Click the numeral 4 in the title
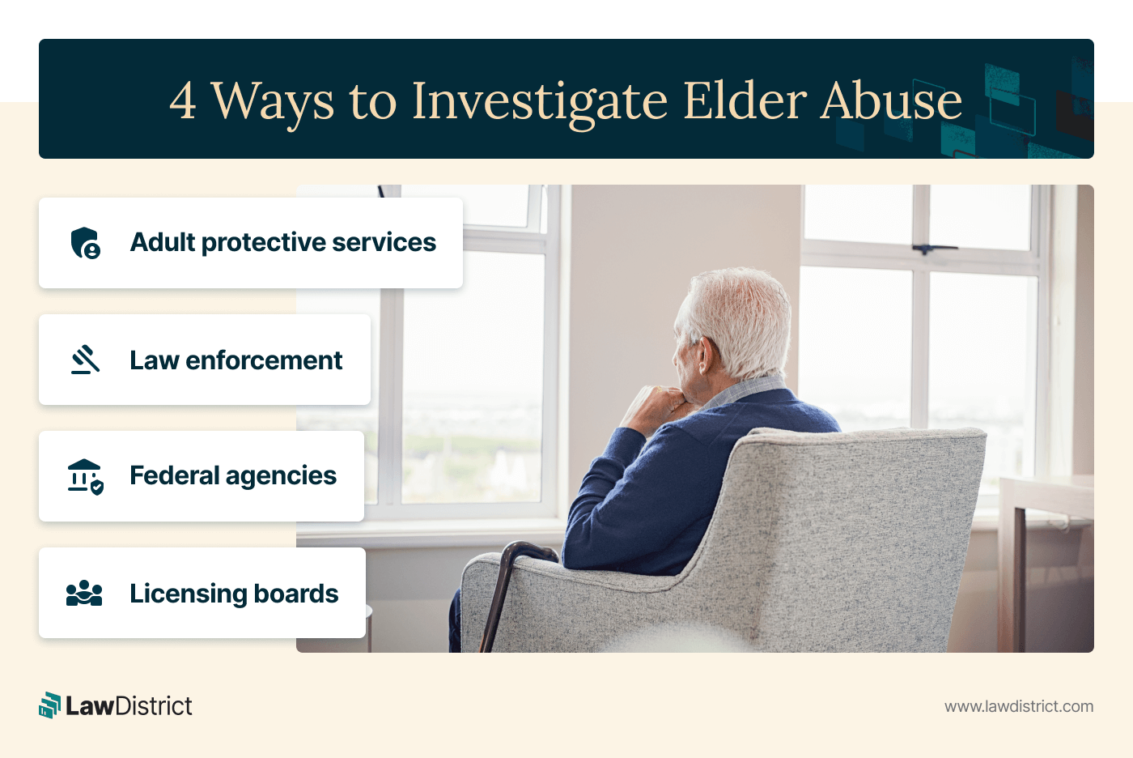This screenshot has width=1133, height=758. point(183,101)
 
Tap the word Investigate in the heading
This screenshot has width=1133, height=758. point(539,102)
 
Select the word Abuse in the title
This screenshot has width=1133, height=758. point(891,101)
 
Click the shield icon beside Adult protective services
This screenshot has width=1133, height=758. point(86,243)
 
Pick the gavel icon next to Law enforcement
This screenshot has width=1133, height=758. point(86,360)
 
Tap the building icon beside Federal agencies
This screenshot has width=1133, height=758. point(85,476)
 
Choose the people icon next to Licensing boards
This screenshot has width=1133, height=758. point(84,594)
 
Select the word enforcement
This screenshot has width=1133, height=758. point(264,360)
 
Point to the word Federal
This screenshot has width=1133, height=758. point(174,475)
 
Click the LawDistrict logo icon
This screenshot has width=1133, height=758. point(50,705)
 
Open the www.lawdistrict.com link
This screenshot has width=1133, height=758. point(1018,706)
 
